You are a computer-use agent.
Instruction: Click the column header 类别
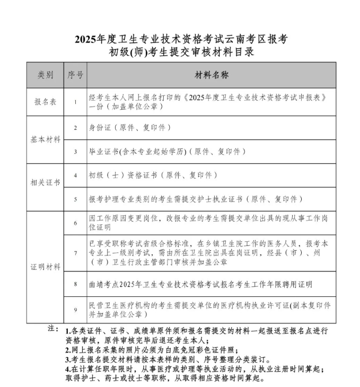45,75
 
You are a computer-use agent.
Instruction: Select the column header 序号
75,75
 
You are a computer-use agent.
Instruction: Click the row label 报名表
45,102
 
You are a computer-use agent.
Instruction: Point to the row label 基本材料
45,140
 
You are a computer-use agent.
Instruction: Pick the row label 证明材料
45,267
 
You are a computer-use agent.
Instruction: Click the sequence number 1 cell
75,102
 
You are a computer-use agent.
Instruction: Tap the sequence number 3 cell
75,152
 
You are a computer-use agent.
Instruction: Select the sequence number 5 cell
75,199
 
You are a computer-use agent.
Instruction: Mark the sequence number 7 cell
75,253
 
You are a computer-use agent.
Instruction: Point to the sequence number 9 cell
75,310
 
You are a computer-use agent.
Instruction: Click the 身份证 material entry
130,128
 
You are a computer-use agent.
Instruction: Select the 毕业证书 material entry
167,152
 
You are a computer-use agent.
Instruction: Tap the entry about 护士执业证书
196,199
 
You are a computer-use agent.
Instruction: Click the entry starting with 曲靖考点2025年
200,285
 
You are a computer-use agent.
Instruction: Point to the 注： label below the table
53,328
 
